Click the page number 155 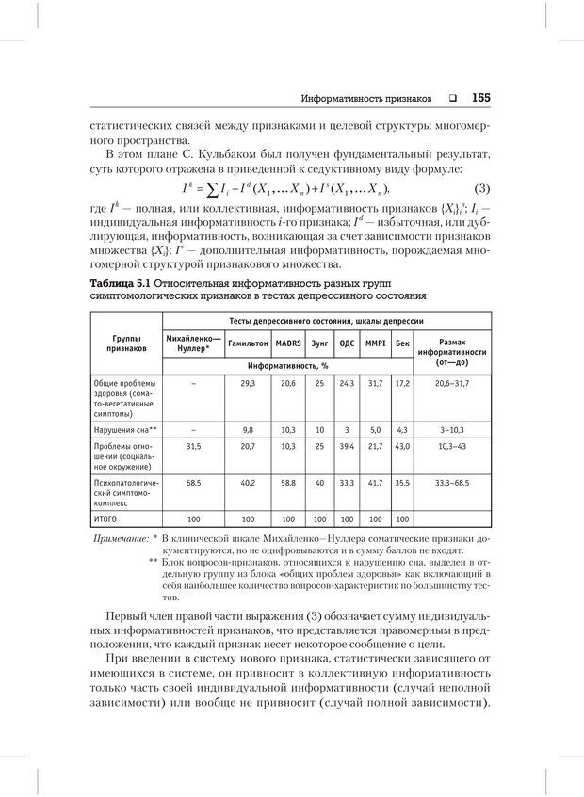481,97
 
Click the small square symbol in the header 452,98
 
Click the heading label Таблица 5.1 120,283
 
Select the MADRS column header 288,343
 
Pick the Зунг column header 319,343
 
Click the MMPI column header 375,343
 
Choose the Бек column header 402,343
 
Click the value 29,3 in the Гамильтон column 248,383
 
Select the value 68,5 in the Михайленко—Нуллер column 193,482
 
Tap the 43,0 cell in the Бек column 402,446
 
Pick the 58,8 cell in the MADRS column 288,482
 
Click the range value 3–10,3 452,429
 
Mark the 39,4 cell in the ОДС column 347,446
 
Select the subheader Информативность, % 287,363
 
